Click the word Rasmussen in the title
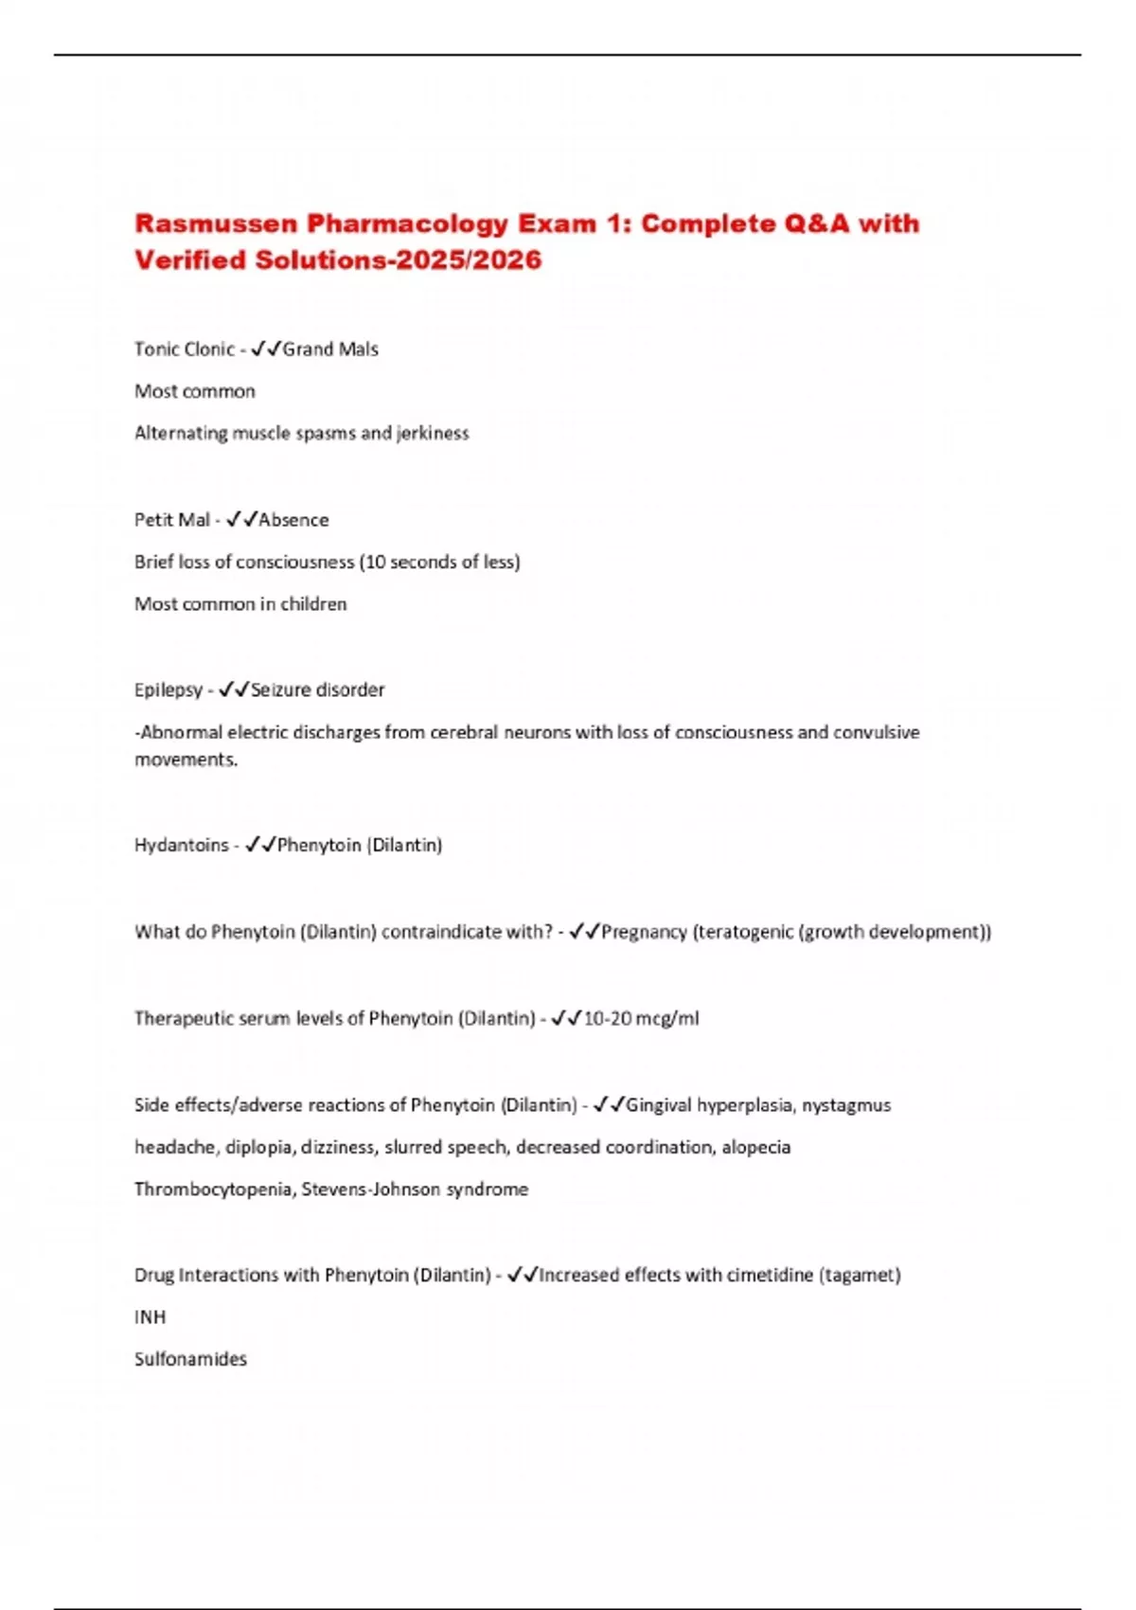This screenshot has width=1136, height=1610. pos(216,224)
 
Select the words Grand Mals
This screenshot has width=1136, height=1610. pos(330,349)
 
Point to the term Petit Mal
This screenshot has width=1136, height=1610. pos(172,520)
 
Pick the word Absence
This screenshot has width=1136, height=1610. pos(293,520)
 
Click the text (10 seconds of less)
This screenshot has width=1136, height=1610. pos(440,563)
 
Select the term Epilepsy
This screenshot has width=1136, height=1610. pos(168,690)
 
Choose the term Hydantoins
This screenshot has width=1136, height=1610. pos(181,845)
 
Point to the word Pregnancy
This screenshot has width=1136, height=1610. pos(644,932)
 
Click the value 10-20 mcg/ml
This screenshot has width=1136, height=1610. pos(641,1019)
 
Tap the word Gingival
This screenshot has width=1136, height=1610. pos(658,1105)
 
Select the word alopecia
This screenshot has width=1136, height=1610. pos(755,1148)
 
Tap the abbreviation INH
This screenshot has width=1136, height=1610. pos(150,1317)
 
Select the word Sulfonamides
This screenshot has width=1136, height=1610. pos(190,1359)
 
